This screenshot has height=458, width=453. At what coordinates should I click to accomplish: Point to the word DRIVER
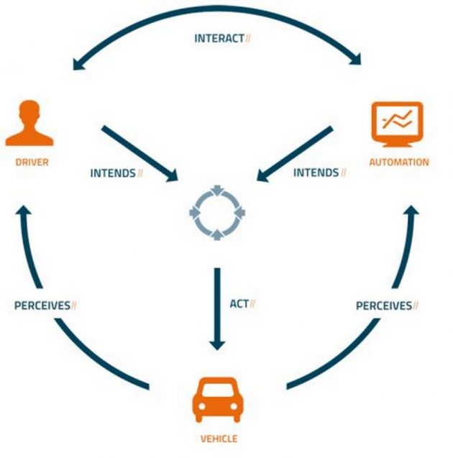pos(32,162)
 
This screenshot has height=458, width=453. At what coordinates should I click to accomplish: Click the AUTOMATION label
pos(398,162)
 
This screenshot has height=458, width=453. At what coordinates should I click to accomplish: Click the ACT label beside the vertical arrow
pos(239,304)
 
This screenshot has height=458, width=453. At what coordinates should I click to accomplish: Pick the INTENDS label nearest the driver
pos(113,173)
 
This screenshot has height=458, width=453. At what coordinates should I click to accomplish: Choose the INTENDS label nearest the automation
pos(316,173)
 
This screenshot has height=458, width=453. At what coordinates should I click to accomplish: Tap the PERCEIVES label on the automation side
pos(384,306)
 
